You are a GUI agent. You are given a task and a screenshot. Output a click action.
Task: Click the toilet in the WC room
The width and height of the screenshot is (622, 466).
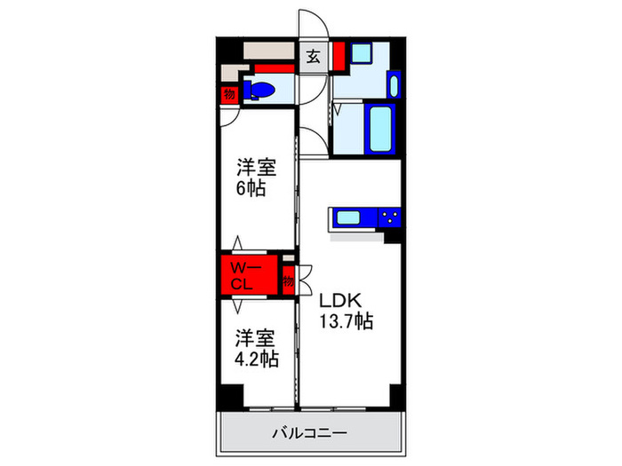coord(263,89)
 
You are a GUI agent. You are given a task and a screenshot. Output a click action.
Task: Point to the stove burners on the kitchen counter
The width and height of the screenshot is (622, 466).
coord(388,217)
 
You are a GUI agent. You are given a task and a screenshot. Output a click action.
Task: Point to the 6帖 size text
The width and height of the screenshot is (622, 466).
coord(250,189)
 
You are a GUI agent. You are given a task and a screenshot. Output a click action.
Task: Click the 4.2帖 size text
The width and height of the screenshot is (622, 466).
coord(256,359)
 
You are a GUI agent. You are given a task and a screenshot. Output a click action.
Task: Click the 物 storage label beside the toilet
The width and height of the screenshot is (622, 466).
coord(229,92)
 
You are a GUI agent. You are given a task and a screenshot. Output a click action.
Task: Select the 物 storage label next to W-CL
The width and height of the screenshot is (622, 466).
coord(289,281)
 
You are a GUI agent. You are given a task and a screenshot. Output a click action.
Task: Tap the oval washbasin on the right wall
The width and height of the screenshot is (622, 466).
coord(395,85)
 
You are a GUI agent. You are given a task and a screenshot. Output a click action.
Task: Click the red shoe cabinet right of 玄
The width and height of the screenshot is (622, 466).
coord(338,56)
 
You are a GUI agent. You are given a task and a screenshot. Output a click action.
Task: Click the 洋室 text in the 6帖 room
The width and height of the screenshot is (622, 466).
coord(255,166)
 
